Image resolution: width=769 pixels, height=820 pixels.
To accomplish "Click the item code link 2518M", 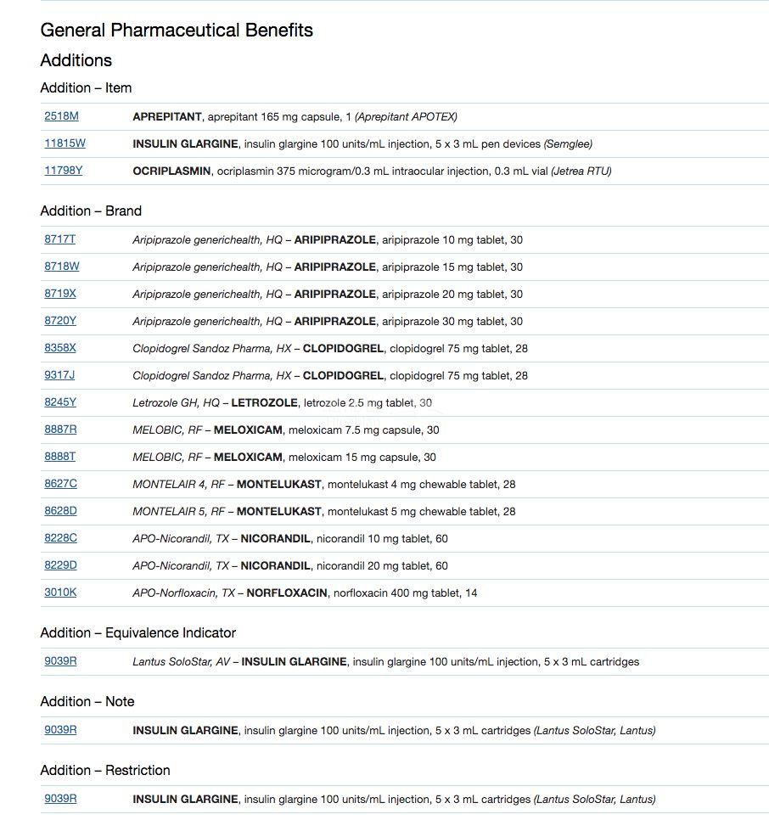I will (x=61, y=116).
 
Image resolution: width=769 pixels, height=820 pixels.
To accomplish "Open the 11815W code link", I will (x=65, y=143).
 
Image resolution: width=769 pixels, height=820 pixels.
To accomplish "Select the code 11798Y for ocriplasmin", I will (x=64, y=171).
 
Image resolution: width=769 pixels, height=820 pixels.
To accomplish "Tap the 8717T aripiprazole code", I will (x=59, y=239).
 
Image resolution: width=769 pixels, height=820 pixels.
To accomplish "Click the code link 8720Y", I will (x=60, y=321).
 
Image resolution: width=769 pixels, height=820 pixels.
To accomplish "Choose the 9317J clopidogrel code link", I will (x=59, y=375).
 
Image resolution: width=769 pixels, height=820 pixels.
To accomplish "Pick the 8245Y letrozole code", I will (x=60, y=402).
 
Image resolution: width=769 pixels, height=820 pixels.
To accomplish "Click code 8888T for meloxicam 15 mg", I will (x=59, y=457).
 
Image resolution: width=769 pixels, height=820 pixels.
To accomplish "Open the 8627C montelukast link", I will (x=60, y=484).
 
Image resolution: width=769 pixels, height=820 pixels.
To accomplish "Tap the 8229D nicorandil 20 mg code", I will (x=60, y=565).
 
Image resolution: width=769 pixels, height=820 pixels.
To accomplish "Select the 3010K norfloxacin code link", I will (x=60, y=593).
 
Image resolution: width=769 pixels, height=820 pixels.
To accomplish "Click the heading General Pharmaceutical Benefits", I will (x=177, y=31).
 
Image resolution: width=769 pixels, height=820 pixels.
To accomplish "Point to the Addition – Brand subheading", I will (x=91, y=211).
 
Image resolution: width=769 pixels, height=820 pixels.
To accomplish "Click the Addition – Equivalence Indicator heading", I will (x=138, y=632).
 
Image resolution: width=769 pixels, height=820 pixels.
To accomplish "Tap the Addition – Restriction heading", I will (x=105, y=770).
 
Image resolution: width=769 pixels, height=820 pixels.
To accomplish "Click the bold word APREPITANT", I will (x=167, y=116).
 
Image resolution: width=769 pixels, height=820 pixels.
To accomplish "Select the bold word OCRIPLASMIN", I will (x=171, y=171).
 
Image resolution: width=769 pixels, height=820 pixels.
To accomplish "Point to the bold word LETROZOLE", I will (x=264, y=402).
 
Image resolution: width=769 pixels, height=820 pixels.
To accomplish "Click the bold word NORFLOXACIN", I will (x=286, y=593).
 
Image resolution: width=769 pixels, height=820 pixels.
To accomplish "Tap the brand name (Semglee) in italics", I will (x=568, y=143).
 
